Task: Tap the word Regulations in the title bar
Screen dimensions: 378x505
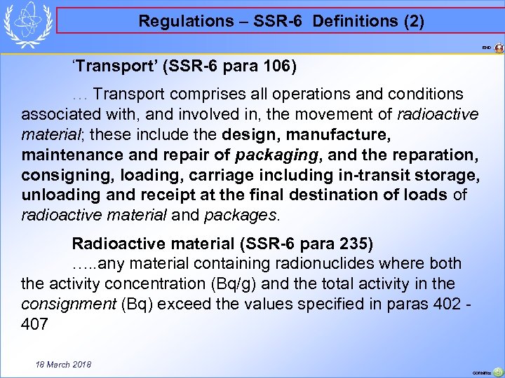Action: pos(175,21)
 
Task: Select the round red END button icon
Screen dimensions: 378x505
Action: pos(499,48)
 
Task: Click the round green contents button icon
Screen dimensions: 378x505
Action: pos(497,372)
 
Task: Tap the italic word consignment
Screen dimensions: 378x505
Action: pos(69,304)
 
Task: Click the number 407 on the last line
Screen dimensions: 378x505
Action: pos(34,324)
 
